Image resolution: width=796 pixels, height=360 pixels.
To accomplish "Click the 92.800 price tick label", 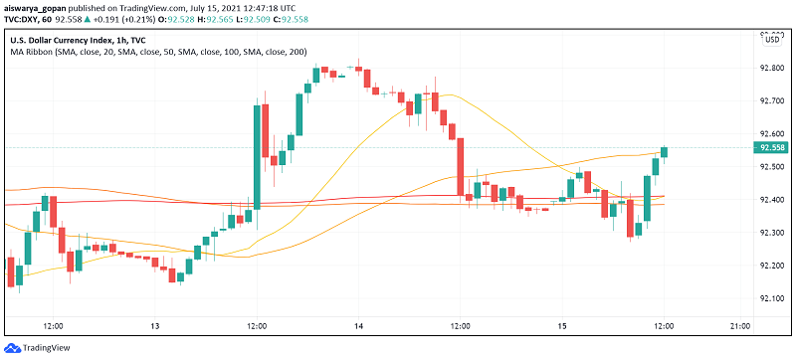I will coord(772,68).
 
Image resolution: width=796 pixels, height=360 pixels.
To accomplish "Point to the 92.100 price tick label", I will coord(772,297).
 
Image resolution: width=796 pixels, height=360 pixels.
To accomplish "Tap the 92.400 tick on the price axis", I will coord(772,199).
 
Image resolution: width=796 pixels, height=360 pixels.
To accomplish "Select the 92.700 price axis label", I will coord(772,100).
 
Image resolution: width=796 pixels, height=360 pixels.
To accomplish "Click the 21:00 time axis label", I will coord(741,326).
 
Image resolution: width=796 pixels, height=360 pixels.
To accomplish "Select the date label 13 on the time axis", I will coord(155,326).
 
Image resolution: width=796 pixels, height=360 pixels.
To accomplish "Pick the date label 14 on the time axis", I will coord(358,326).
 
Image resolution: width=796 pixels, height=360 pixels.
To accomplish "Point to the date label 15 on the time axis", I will coord(561,326).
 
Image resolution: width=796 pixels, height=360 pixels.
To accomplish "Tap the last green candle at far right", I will coord(664,151).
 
